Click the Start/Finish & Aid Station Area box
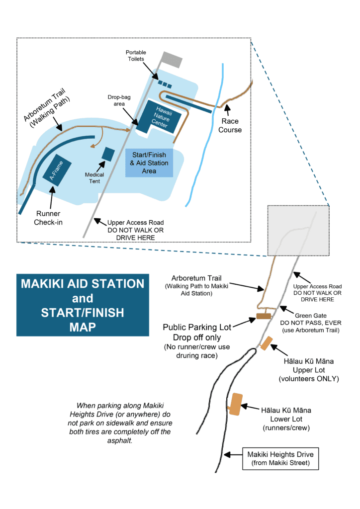(x=149, y=163)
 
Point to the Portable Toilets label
(x=135, y=55)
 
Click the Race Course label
(x=230, y=125)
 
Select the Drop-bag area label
(x=119, y=100)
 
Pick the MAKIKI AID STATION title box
(x=83, y=305)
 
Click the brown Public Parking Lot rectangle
(x=263, y=316)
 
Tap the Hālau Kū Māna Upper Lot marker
(x=267, y=343)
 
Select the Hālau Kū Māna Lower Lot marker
(x=235, y=403)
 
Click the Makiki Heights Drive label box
(x=281, y=459)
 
